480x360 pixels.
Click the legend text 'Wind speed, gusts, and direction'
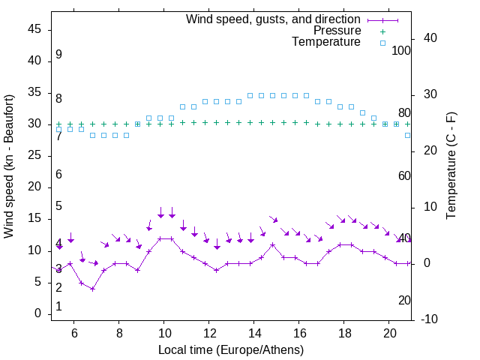point(273,19)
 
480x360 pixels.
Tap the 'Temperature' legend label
point(326,43)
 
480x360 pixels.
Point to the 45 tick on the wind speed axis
point(34,28)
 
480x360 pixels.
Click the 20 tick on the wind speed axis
point(34,187)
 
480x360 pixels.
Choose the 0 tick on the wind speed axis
point(37,313)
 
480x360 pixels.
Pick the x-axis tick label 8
point(118,333)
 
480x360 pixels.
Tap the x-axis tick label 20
point(389,333)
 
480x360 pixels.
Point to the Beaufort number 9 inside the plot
point(58,55)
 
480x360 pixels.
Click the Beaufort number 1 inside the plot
point(58,307)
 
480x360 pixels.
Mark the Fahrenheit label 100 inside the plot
point(401,51)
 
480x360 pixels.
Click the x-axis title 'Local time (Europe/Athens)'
point(231,349)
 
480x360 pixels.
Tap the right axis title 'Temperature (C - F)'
point(451,166)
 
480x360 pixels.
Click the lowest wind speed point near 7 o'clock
point(92,289)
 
